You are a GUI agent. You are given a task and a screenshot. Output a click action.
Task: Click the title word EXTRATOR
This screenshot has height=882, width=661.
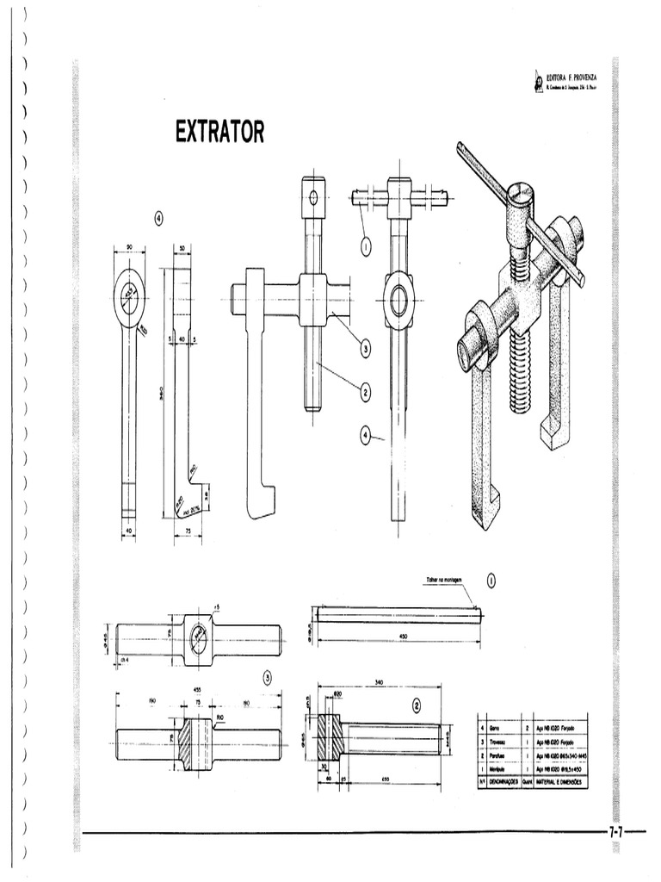tap(219, 132)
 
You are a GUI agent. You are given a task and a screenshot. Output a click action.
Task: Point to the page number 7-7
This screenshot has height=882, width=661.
tap(615, 833)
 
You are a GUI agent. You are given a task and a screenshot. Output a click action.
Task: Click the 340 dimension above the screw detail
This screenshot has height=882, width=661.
tap(380, 682)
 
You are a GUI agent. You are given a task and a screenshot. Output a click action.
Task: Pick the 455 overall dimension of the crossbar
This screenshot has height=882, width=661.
tap(196, 690)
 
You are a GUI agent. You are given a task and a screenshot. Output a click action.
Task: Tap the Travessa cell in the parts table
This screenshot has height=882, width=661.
tap(496, 741)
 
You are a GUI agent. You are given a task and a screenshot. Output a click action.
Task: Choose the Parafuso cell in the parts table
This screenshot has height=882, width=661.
tap(496, 755)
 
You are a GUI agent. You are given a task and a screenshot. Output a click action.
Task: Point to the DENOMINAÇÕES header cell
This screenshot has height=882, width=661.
tap(498, 781)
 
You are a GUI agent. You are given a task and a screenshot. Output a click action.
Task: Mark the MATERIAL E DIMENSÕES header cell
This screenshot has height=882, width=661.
tap(559, 781)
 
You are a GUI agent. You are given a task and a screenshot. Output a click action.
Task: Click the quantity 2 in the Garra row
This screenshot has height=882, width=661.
tap(526, 728)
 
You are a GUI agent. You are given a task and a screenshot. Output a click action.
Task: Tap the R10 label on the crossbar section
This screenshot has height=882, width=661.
tap(220, 716)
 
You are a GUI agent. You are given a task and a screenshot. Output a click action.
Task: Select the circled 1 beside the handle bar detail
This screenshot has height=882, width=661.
tap(491, 581)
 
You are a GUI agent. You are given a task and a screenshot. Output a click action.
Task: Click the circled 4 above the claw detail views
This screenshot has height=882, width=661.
tap(158, 217)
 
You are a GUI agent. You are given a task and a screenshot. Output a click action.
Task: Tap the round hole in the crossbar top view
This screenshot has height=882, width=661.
tap(199, 637)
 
